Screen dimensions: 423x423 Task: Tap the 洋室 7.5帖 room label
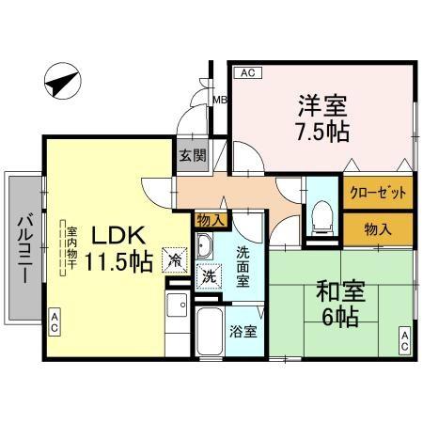point(321,117)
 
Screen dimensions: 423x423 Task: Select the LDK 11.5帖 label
point(118,248)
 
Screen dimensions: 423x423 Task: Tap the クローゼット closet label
point(378,195)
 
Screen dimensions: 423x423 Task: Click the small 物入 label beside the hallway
point(210,220)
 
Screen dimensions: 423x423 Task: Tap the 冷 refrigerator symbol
point(174,256)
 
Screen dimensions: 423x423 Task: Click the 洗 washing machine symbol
point(207,279)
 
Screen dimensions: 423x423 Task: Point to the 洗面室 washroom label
point(243,266)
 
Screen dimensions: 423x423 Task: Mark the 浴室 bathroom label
point(243,332)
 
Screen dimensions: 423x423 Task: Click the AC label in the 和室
point(404,339)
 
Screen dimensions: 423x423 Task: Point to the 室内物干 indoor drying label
point(70,246)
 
